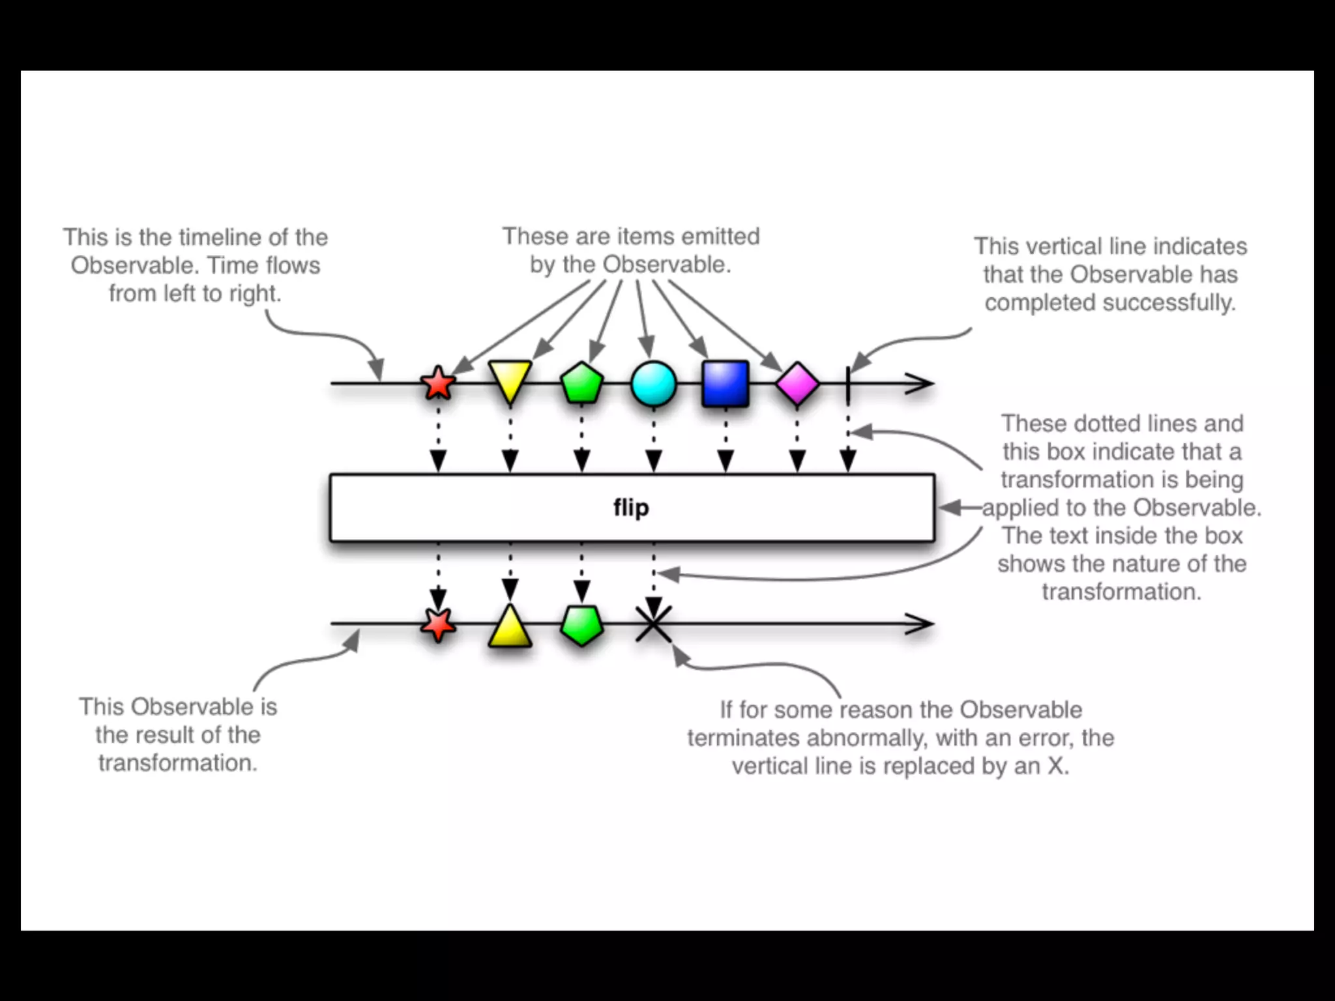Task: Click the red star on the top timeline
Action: coord(438,383)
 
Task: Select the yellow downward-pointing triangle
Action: coord(510,380)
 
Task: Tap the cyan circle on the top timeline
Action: coord(653,384)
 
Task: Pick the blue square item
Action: coord(725,384)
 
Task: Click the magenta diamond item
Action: coord(797,384)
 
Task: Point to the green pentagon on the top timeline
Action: coord(581,383)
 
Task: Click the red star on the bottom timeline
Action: coord(438,624)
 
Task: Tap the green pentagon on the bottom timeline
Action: coord(581,625)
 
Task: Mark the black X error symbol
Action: coord(653,624)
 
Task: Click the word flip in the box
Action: coord(631,507)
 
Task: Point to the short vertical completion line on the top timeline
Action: coord(847,384)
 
